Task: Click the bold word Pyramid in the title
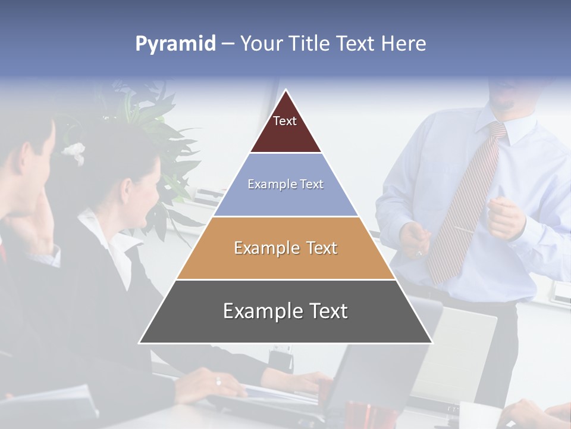point(175,44)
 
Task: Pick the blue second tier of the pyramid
point(285,200)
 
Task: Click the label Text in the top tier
point(285,121)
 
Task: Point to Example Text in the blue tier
point(285,184)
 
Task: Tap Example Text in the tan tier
point(285,248)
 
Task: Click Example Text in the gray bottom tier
point(285,311)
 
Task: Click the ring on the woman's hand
point(218,381)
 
